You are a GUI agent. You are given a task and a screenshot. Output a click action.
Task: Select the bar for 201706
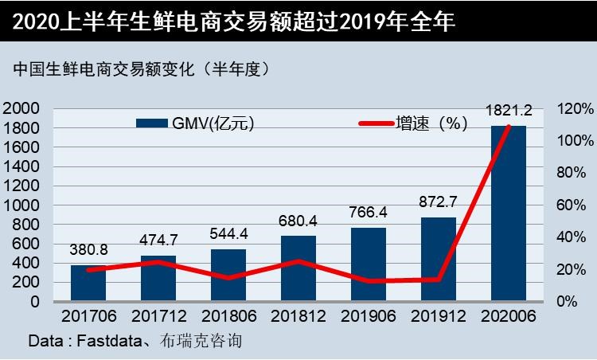[89, 284]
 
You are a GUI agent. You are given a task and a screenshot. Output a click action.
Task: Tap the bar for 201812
[298, 268]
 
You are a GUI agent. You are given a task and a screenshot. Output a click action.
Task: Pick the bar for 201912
[439, 260]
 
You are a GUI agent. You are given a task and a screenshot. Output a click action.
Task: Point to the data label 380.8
[89, 249]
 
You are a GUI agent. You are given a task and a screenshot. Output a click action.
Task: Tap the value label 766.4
[369, 213]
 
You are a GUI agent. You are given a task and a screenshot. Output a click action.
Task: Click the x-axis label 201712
[158, 316]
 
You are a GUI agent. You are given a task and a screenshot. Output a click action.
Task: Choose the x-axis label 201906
[369, 316]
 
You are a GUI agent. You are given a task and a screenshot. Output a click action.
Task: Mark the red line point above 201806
[228, 278]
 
